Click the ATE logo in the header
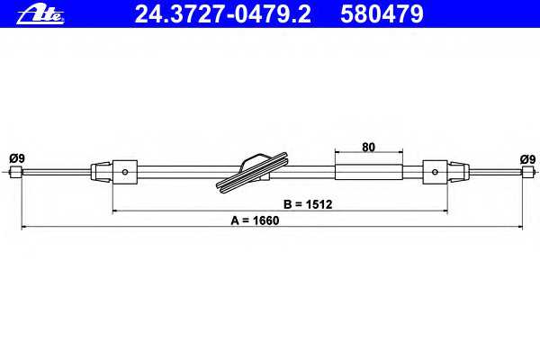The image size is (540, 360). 40,14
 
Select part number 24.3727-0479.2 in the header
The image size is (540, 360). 223,14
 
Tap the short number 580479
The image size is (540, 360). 382,14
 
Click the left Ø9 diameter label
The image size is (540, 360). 17,158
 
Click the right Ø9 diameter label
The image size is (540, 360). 528,159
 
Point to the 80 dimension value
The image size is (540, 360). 368,147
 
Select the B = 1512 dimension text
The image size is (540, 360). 308,204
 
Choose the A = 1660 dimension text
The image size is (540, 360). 255,220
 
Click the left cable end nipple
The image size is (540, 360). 16,172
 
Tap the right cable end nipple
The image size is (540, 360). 528,172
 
